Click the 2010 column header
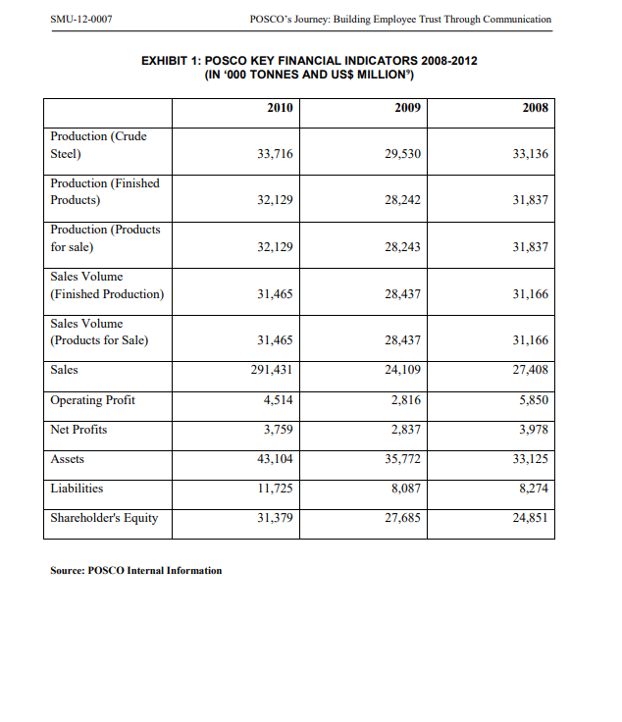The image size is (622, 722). [x=280, y=108]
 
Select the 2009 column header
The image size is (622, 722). [x=407, y=108]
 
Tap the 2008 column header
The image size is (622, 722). [x=534, y=108]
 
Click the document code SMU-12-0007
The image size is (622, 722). [x=79, y=19]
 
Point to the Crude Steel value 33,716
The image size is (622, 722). [x=274, y=154]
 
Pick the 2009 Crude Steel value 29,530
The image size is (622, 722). [x=401, y=154]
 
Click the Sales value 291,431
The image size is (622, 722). [x=271, y=370]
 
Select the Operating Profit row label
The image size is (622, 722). [x=93, y=400]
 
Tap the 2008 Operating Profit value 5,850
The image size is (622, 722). [x=531, y=400]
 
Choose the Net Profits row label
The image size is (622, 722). [x=79, y=430]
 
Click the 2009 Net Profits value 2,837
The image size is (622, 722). [x=405, y=430]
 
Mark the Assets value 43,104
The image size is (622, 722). [x=274, y=459]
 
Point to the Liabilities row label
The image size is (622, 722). [x=77, y=489]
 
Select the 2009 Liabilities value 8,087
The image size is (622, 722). [x=405, y=489]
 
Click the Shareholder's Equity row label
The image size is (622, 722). [x=104, y=518]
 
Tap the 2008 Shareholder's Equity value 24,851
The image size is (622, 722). [x=529, y=518]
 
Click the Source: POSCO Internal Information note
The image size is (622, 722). [x=136, y=570]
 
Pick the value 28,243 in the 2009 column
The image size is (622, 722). [x=401, y=247]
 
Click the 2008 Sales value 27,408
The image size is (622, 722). [x=529, y=370]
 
